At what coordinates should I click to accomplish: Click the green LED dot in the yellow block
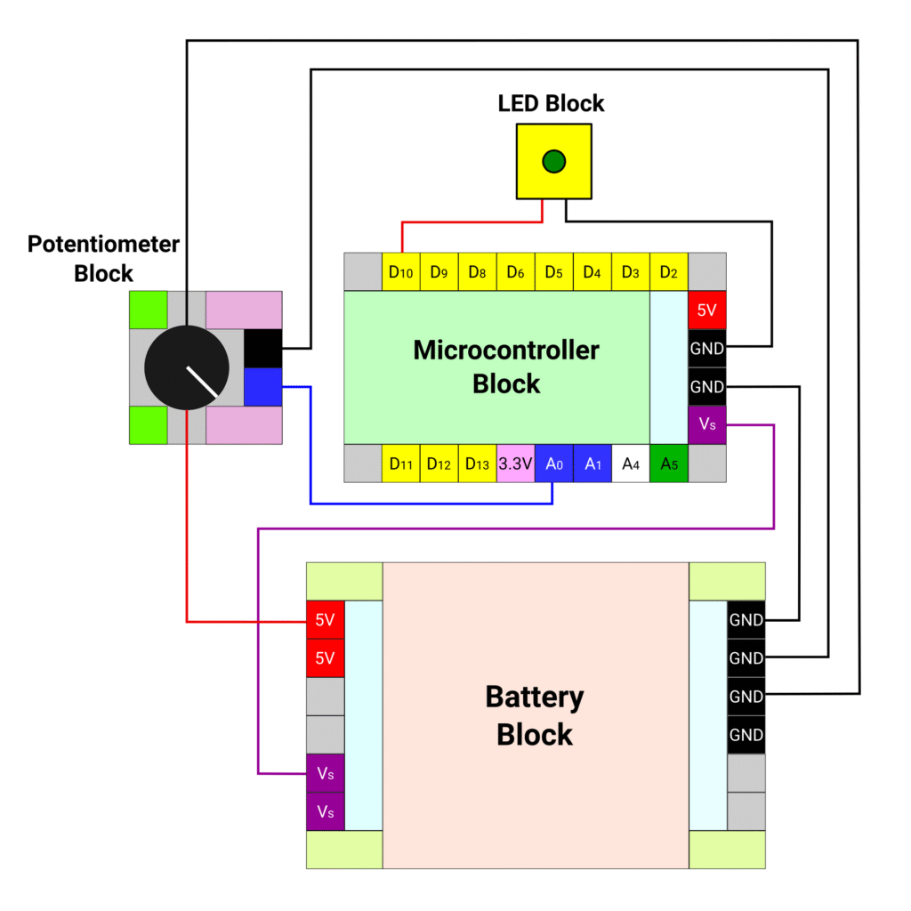(x=553, y=161)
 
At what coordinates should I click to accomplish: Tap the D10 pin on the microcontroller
(x=401, y=272)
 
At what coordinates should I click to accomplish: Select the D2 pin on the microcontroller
(x=669, y=272)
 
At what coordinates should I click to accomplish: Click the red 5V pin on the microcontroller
(x=706, y=310)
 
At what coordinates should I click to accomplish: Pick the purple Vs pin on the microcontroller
(x=706, y=424)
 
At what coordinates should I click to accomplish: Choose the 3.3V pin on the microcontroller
(x=515, y=464)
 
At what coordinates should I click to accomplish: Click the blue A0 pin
(x=553, y=464)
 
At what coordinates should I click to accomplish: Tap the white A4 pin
(x=630, y=464)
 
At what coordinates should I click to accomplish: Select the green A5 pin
(x=668, y=464)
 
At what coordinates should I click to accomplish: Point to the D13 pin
(x=477, y=464)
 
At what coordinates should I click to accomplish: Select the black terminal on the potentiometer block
(x=262, y=348)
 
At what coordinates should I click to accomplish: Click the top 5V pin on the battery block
(x=325, y=620)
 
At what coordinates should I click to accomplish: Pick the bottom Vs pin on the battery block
(x=325, y=811)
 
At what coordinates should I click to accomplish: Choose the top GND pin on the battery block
(x=746, y=620)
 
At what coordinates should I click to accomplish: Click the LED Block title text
(x=551, y=103)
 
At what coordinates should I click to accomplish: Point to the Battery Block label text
(x=535, y=715)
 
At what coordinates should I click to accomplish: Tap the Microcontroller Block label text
(x=506, y=366)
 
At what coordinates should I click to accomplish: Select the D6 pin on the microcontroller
(x=515, y=272)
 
